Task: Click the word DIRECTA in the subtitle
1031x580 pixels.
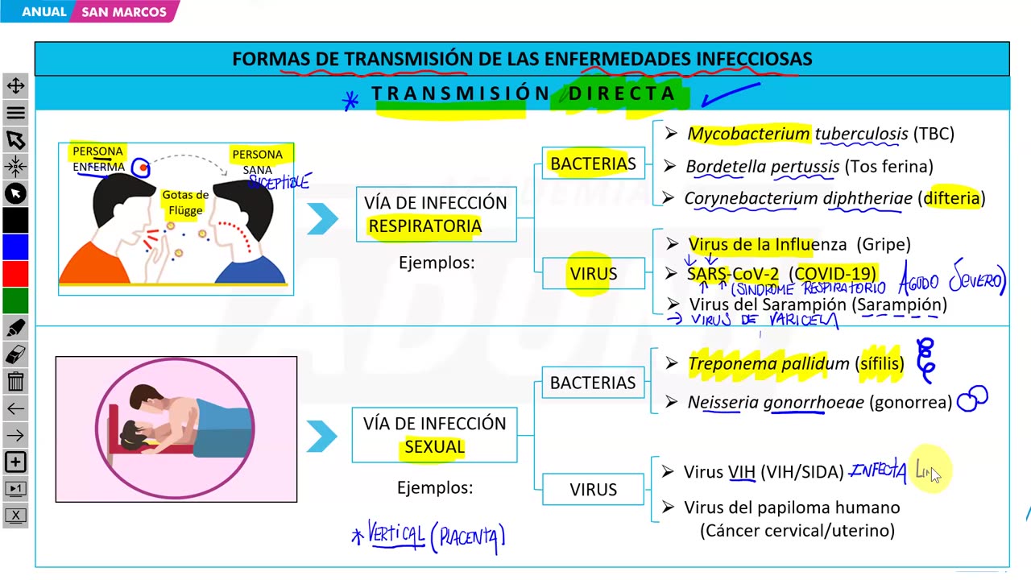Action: [x=622, y=93]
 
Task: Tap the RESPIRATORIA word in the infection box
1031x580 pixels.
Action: [x=424, y=226]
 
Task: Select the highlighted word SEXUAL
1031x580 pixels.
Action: [x=434, y=447]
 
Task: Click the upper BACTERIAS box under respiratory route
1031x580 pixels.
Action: [x=593, y=164]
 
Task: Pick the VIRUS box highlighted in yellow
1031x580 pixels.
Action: [x=593, y=274]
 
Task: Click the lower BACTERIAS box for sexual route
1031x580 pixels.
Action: [x=593, y=383]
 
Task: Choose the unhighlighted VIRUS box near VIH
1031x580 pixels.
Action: [x=593, y=490]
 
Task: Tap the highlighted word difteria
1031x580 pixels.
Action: [x=952, y=198]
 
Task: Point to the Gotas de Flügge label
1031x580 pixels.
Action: [x=185, y=202]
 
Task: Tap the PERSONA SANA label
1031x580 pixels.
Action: [x=258, y=161]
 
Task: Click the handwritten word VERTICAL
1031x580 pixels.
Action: [x=395, y=534]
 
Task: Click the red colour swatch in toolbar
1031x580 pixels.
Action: [x=15, y=274]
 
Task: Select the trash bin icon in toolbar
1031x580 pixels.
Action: [x=15, y=381]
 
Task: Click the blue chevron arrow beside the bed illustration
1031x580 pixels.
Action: [x=321, y=437]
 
